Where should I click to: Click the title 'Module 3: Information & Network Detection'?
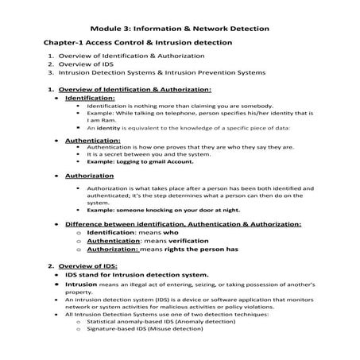tap(180, 29)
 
